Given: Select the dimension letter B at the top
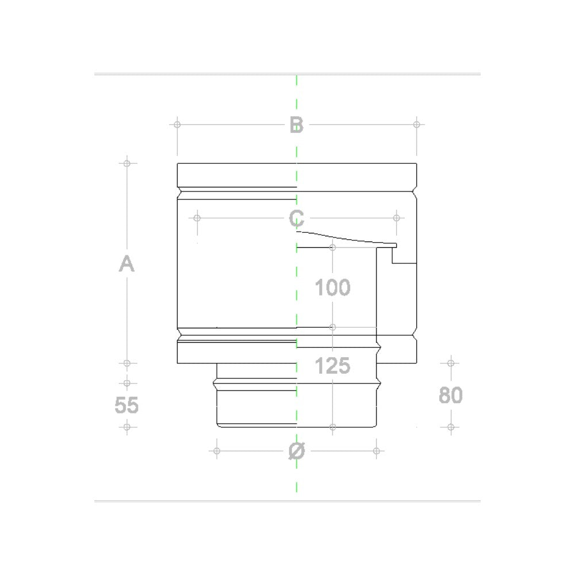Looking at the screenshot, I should tap(296, 124).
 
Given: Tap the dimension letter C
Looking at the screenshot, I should tap(297, 218).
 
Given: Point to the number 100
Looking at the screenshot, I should tap(332, 287).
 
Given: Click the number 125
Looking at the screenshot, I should tap(333, 366).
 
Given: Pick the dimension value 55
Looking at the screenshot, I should tap(126, 405).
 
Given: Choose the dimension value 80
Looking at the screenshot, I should tap(451, 396).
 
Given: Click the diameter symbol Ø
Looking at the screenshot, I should tap(296, 451).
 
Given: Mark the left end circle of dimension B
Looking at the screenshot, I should tap(177, 124).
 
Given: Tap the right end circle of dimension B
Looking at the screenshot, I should tap(417, 124).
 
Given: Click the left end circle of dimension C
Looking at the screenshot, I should tap(197, 218).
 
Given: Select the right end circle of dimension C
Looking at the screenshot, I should tap(396, 218).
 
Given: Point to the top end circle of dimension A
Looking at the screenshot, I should tap(126, 163).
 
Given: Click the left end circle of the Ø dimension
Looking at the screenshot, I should tap(217, 450).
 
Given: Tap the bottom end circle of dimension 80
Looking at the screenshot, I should tap(451, 427).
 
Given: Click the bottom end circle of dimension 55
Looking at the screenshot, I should tap(126, 427).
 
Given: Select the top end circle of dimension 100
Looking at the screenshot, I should tap(332, 247).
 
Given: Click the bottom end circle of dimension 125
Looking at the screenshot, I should tap(333, 427).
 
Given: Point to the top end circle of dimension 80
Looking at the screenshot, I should tap(451, 363).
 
